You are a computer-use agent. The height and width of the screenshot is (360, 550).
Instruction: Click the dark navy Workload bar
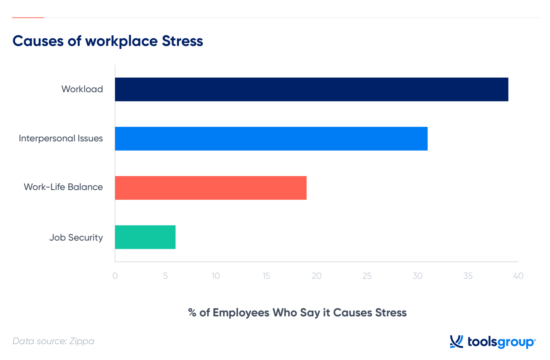(x=311, y=89)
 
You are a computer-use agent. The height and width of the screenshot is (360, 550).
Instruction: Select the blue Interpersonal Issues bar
(x=271, y=138)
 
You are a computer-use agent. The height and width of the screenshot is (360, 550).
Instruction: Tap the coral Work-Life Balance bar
(x=211, y=188)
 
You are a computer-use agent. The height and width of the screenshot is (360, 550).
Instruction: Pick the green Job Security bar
(x=145, y=237)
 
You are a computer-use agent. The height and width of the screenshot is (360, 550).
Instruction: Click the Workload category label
(x=82, y=89)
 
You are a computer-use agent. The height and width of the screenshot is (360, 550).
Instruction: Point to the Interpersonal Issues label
(x=61, y=138)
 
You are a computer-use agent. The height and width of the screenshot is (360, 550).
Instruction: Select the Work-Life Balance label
(x=63, y=187)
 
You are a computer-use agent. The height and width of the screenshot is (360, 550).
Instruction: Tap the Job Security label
(x=76, y=238)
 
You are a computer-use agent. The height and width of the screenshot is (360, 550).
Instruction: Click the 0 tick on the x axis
(x=115, y=276)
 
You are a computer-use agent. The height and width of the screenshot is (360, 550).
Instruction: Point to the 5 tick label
(x=165, y=276)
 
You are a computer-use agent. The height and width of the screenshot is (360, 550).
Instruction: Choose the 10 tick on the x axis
(x=216, y=276)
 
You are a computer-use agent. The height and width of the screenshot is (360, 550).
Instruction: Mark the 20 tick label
(x=317, y=276)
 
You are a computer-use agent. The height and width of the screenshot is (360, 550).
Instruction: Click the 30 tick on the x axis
(x=418, y=276)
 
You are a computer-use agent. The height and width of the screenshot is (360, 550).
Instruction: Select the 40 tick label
(x=518, y=276)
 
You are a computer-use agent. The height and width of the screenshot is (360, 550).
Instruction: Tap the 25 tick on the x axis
(x=367, y=276)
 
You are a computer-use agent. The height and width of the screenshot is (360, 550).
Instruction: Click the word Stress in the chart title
(x=182, y=41)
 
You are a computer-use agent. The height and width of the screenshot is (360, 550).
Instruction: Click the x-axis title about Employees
(x=297, y=313)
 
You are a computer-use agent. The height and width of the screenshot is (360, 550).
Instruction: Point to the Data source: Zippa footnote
(x=53, y=341)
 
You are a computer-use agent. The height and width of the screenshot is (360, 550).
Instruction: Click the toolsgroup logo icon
(x=457, y=342)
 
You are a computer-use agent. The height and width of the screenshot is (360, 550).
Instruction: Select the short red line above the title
(x=28, y=18)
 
